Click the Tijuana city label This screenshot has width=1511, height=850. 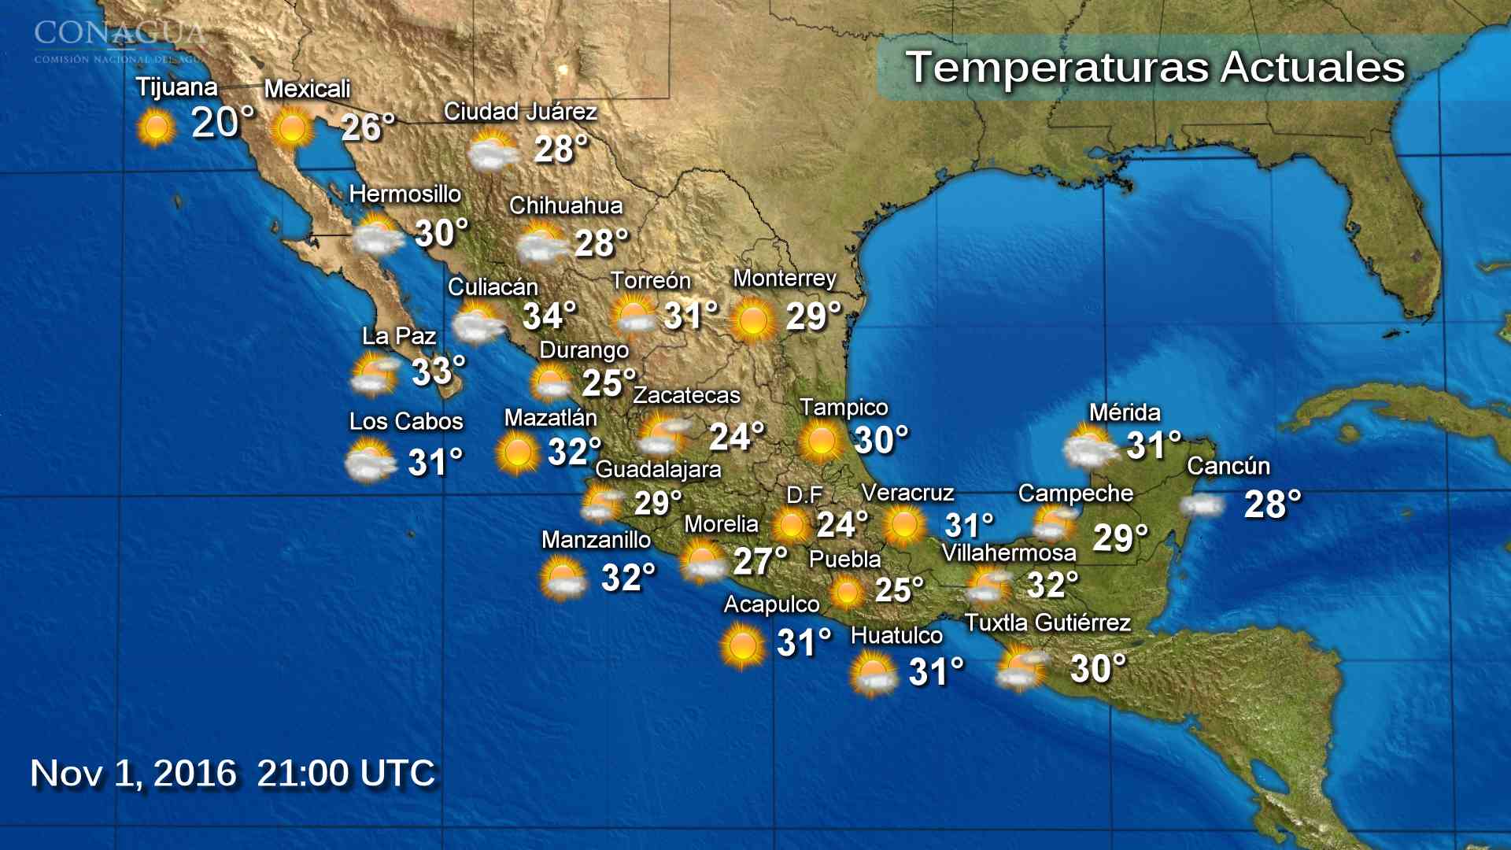pos(176,87)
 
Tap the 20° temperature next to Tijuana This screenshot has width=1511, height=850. pos(223,123)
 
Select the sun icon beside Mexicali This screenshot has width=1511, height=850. pos(292,128)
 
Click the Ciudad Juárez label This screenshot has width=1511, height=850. pos(519,112)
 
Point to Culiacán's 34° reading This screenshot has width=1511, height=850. pos(549,316)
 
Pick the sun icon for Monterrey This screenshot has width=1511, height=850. pos(752,320)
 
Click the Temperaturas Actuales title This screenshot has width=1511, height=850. pos(1154,68)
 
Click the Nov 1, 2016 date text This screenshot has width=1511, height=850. pos(133,773)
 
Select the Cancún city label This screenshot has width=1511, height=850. pos(1228,466)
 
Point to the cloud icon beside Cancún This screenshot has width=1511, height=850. pos(1203,504)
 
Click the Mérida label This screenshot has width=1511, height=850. pos(1124,412)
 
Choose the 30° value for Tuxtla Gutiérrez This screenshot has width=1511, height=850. pos(1098,669)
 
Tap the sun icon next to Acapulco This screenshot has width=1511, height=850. pos(741,645)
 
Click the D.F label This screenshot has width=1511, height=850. pos(804,495)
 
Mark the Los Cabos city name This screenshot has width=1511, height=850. pos(405,421)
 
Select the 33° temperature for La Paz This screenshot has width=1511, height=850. pos(438,371)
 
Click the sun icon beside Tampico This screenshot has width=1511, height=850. pos(821,440)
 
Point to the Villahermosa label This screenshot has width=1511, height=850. pos(1008,553)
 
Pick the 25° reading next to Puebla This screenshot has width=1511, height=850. pos(899,590)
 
